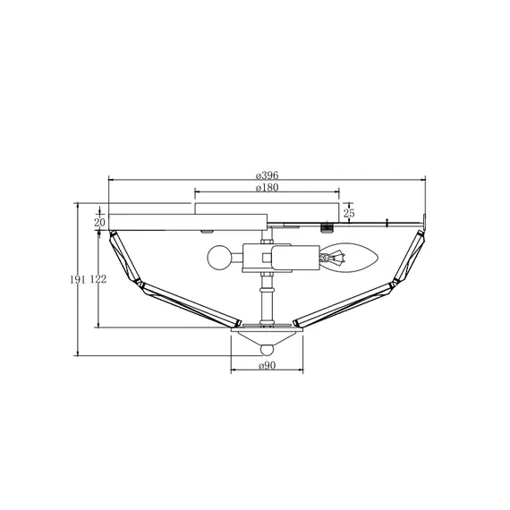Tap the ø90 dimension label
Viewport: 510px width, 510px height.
(265, 366)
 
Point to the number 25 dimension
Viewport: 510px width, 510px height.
(349, 213)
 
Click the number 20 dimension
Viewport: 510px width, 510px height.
(98, 221)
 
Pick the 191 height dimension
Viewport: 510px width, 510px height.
(77, 280)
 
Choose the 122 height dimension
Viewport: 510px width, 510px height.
(98, 280)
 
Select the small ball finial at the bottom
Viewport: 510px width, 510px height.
(265, 346)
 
